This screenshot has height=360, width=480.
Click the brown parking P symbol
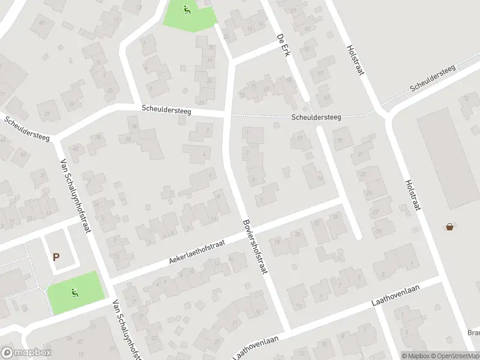pyautogui.click(x=56, y=257)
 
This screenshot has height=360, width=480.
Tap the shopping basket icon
pyautogui.click(x=449, y=227)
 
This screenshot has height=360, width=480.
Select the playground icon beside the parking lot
pyautogui.click(x=74, y=293)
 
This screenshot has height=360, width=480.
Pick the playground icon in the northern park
pyautogui.click(x=187, y=10)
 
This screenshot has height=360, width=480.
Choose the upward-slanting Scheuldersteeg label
pyautogui.click(x=433, y=78)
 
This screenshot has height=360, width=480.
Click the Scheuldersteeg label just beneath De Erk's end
pyautogui.click(x=317, y=118)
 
